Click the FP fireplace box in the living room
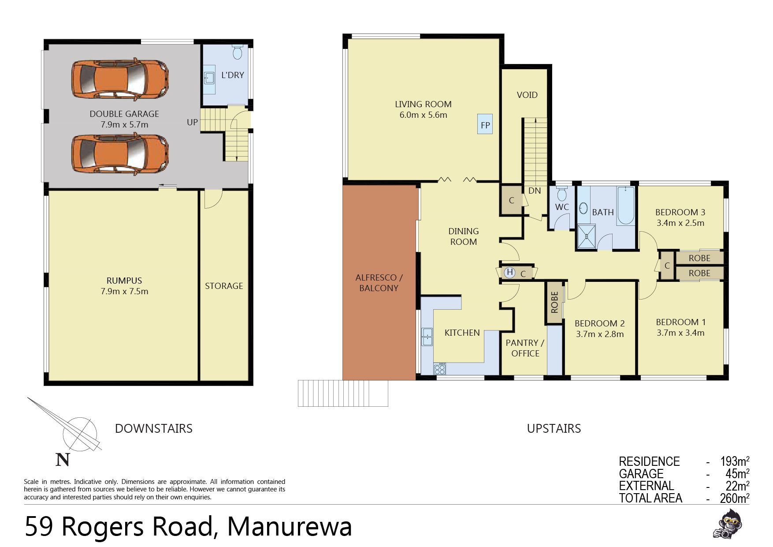[x=485, y=124]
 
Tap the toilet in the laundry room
[x=237, y=52]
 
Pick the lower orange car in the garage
[x=120, y=153]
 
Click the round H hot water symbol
[x=510, y=273]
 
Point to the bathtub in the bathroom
[x=626, y=206]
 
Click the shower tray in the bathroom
[x=586, y=236]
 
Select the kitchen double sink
[x=427, y=337]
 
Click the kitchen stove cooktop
[x=440, y=369]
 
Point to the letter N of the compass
[x=63, y=460]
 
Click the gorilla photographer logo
[x=727, y=524]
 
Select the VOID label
[x=527, y=95]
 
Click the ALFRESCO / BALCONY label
[x=379, y=283]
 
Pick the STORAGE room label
[x=224, y=286]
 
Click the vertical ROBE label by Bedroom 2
[x=554, y=302]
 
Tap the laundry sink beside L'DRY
[x=209, y=78]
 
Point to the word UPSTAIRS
[x=554, y=428]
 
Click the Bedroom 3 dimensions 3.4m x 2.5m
[x=680, y=223]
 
